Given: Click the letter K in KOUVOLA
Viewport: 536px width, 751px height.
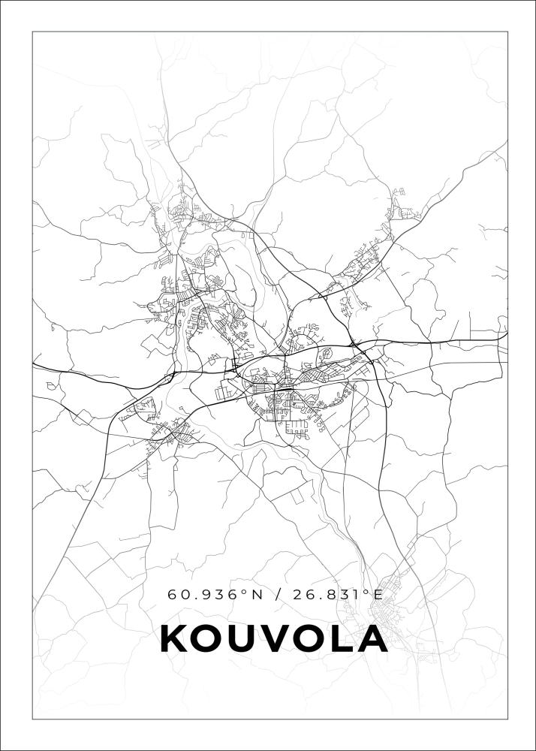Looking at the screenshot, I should point(175,639).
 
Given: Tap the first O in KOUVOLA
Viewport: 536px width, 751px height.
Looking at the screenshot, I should point(209,639).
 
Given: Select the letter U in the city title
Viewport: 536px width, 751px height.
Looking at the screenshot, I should point(244,639).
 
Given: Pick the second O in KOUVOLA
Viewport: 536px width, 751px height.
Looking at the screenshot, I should point(311,639).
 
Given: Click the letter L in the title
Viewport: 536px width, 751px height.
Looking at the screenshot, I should point(342,639).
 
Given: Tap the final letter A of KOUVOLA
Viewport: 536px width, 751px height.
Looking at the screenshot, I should point(372,639).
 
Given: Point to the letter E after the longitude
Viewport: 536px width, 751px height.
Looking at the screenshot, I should point(378,595).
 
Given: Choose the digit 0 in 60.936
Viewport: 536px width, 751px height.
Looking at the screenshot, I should point(184,595).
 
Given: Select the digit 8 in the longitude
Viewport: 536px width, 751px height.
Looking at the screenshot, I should point(331,595).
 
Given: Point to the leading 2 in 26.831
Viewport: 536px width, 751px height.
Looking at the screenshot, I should point(298,595).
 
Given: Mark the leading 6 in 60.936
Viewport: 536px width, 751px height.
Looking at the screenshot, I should point(172,595).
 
